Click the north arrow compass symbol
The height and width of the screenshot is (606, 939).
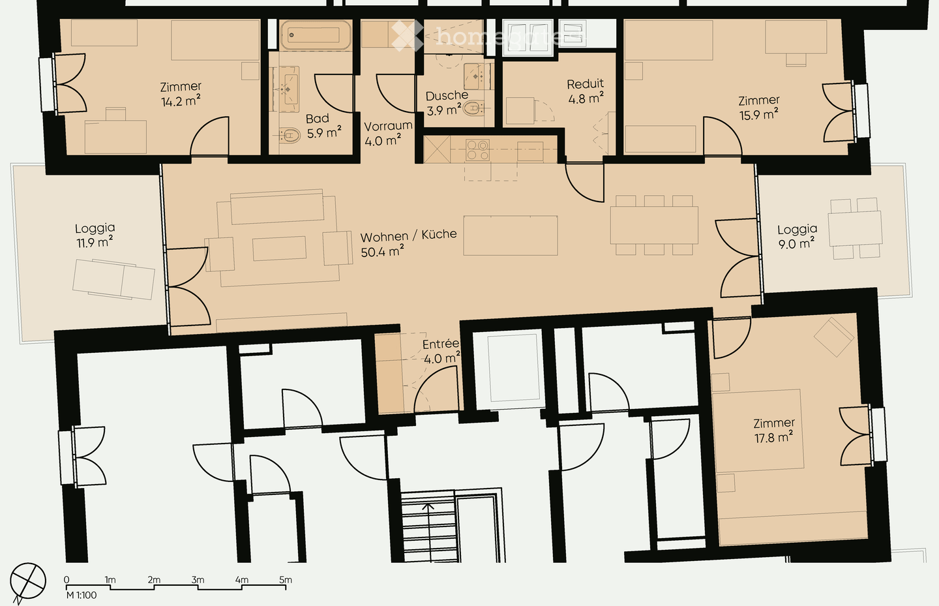pyautogui.click(x=27, y=581)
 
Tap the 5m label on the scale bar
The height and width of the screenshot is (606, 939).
pyautogui.click(x=286, y=579)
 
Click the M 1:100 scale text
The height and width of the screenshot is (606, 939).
pyautogui.click(x=82, y=595)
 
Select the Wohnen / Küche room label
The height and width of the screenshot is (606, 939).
pyautogui.click(x=408, y=235)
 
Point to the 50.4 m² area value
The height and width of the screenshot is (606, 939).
pyautogui.click(x=382, y=252)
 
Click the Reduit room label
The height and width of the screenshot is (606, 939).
pyautogui.click(x=585, y=84)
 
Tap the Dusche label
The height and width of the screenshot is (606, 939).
pyautogui.click(x=447, y=96)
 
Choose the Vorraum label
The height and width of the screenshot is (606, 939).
pyautogui.click(x=388, y=126)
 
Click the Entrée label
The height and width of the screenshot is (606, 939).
pyautogui.click(x=441, y=344)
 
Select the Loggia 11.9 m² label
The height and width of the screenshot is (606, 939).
pyautogui.click(x=95, y=235)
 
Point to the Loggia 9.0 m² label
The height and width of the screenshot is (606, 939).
pyautogui.click(x=797, y=236)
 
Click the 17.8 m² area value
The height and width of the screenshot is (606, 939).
pyautogui.click(x=773, y=438)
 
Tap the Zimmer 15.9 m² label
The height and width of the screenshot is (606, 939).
pyautogui.click(x=758, y=108)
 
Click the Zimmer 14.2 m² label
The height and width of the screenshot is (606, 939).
pyautogui.click(x=181, y=94)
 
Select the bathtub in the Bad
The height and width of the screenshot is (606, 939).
pyautogui.click(x=311, y=36)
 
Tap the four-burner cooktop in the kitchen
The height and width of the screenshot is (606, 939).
pyautogui.click(x=477, y=151)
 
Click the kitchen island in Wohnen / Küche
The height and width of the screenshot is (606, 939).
pyautogui.click(x=511, y=235)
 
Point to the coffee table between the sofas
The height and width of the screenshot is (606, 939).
pyautogui.click(x=279, y=249)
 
